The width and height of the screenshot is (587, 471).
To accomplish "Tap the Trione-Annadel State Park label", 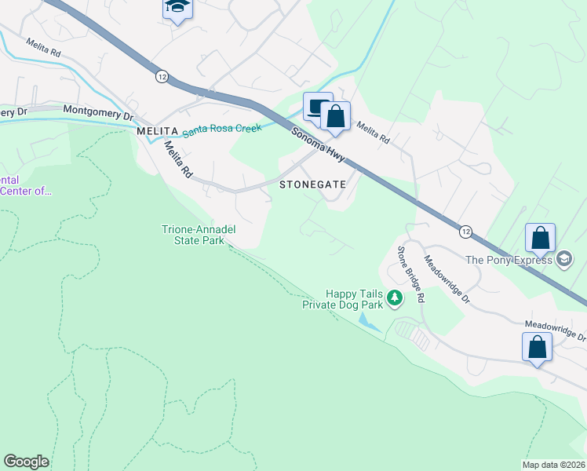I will coord(199,235).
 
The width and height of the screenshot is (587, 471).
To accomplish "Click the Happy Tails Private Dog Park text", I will coord(342,299).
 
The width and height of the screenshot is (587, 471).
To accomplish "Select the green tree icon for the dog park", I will coord(395,298).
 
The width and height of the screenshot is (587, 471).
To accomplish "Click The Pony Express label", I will coord(509,260).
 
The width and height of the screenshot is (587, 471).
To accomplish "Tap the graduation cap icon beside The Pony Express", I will coord(564,259).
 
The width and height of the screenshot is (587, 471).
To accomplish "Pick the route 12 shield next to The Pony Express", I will coord(465,232).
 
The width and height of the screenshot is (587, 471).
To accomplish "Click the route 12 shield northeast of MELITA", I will coord(162,76).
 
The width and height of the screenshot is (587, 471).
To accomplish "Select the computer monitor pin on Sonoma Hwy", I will coord(316,107).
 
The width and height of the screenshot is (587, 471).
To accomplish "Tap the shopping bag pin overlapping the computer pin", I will coord(335,117).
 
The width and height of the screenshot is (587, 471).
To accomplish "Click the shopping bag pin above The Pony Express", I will coord(540,237).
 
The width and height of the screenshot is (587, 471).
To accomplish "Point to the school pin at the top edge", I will coord(178,8).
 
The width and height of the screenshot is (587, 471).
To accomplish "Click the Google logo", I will coord(26,462).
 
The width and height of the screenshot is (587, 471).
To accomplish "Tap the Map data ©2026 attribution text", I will coord(554,465).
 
